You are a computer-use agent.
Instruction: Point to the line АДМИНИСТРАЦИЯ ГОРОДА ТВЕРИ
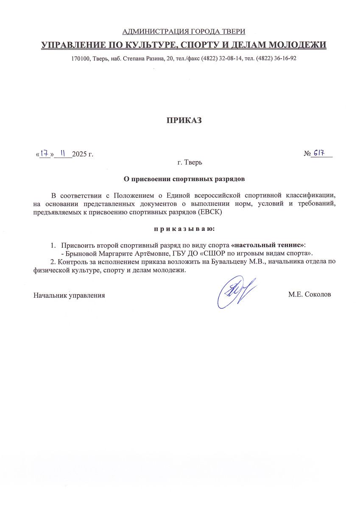[184, 31]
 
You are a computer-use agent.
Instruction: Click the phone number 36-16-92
[285, 59]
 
